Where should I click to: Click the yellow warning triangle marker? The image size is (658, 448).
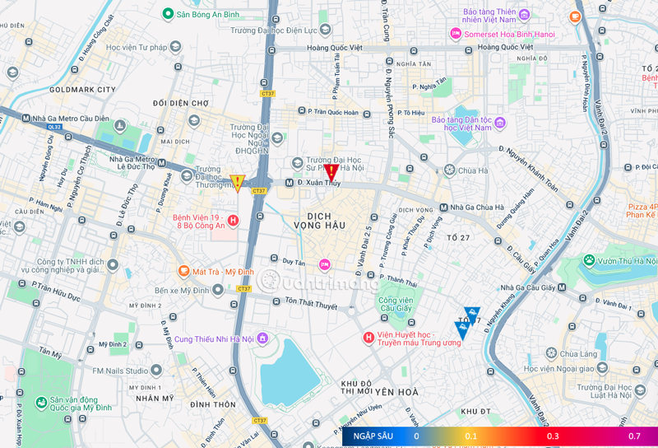(238, 183)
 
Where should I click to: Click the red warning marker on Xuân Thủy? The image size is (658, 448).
(331, 172)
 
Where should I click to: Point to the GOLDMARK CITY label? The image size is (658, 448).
(82, 88)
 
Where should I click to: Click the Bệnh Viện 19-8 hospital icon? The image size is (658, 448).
(234, 220)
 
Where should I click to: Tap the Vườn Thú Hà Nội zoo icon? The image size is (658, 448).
(589, 260)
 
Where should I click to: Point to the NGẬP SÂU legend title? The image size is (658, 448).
(373, 436)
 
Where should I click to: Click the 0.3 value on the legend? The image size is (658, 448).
(553, 436)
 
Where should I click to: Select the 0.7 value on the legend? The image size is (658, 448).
(634, 436)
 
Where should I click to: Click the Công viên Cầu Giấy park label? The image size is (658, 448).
(396, 306)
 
